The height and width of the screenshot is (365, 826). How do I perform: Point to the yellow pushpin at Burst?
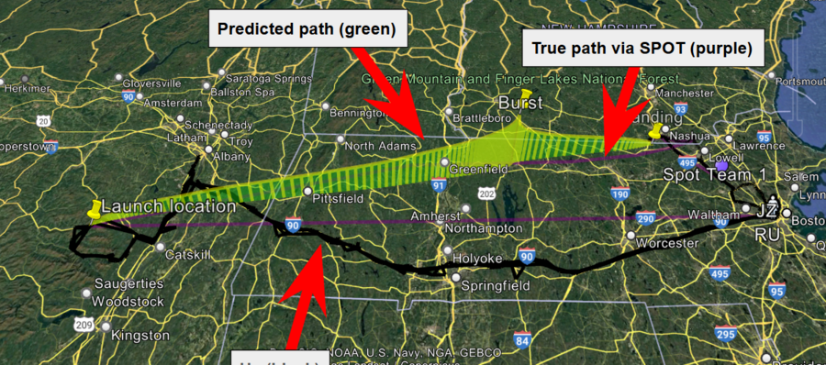(526, 94)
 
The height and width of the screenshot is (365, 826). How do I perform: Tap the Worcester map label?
(667, 243)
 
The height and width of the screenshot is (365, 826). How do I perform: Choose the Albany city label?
(231, 157)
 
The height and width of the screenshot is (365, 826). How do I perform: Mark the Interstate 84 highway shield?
(522, 340)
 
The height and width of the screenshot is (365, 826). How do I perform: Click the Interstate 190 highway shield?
(619, 194)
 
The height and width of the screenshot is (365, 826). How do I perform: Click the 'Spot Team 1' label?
(714, 174)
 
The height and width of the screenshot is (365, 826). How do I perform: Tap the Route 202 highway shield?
(486, 194)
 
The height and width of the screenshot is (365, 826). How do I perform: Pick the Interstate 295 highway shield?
(726, 335)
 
